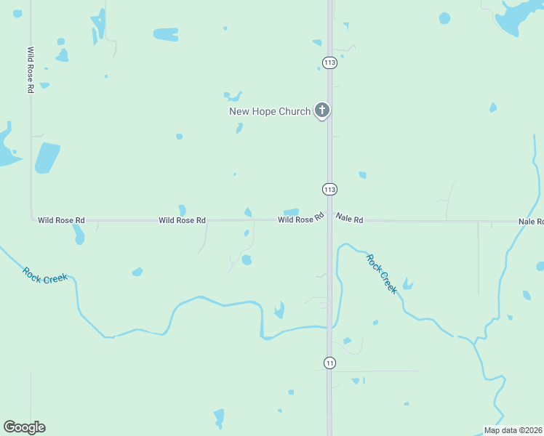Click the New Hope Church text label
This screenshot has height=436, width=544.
[x=270, y=111]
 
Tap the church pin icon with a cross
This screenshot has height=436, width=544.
[x=322, y=110]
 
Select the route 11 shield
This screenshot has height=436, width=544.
[x=329, y=363]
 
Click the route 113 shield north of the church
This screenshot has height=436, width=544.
[x=329, y=63]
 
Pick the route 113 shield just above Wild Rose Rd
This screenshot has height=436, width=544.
[x=329, y=189]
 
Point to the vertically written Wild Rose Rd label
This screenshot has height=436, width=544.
[x=31, y=70]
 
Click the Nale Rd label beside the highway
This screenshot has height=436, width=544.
[x=349, y=217]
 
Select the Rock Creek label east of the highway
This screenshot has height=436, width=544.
[x=382, y=273]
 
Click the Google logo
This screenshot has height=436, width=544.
[x=24, y=427]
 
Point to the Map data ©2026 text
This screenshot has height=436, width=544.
[x=513, y=430]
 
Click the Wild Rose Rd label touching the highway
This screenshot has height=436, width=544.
[x=300, y=219]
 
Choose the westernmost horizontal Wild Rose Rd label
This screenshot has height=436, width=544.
[x=62, y=219]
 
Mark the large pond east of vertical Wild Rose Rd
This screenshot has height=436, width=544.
[x=47, y=158]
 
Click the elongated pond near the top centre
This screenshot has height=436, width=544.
[x=166, y=34]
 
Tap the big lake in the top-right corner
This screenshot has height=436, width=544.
[x=521, y=15]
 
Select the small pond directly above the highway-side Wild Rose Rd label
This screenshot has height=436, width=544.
[x=291, y=212]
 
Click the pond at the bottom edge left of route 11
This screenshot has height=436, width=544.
[x=219, y=418]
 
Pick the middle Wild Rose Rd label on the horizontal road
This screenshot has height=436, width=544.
[x=182, y=219]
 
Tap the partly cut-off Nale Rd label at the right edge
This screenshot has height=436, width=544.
[x=531, y=221]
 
